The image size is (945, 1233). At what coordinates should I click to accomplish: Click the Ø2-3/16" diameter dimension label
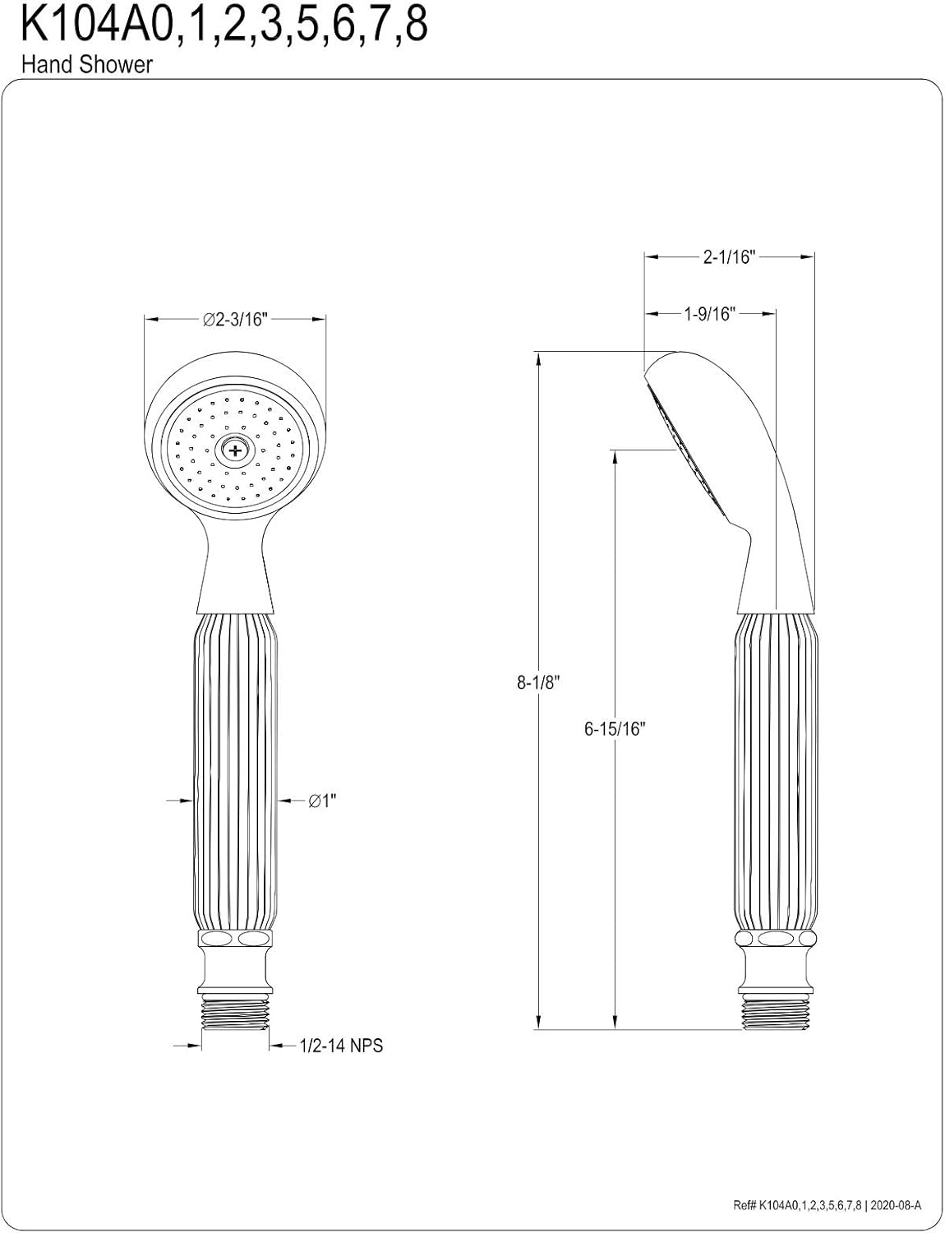(x=235, y=320)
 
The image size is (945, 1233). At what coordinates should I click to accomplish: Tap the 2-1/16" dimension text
(x=730, y=257)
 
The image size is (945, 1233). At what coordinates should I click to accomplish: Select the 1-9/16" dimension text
(x=709, y=313)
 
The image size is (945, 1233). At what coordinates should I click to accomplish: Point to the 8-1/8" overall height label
(x=538, y=682)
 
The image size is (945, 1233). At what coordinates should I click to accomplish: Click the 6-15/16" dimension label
(x=615, y=728)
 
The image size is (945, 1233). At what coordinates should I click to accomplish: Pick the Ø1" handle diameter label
(x=323, y=801)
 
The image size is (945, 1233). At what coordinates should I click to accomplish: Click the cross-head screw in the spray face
(x=236, y=451)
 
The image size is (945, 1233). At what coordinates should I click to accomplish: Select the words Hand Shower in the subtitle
(x=87, y=65)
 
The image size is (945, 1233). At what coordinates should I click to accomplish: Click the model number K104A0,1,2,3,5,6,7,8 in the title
(x=224, y=26)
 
